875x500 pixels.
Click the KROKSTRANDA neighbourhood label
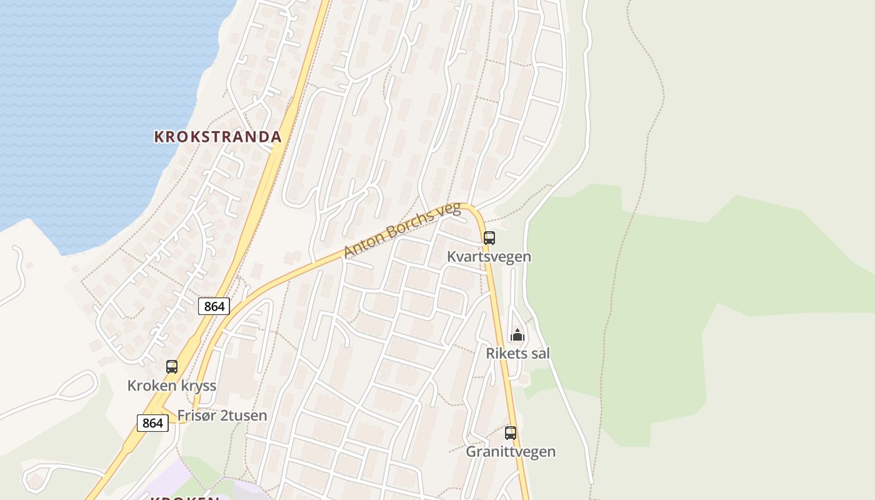coord(217,136)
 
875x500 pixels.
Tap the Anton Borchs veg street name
coord(402,230)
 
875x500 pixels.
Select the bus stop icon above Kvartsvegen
coord(489,238)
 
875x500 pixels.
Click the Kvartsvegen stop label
coord(489,257)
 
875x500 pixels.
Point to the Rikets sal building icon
coord(517,336)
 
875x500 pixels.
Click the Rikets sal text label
coord(517,354)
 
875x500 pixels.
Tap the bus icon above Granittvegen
coord(511,432)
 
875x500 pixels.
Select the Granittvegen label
coord(511,451)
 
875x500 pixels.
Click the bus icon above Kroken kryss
coord(172,367)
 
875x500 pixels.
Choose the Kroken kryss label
coord(172,386)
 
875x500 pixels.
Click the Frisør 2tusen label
coord(222,416)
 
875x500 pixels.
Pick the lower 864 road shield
coord(152,423)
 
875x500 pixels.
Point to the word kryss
coord(198,386)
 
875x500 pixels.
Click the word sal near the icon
coord(539,354)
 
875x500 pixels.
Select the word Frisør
coord(196,416)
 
